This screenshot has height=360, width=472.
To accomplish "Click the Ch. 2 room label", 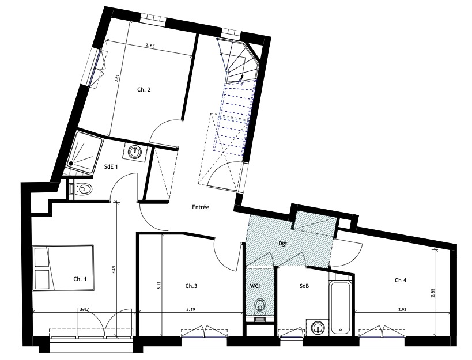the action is [144, 89].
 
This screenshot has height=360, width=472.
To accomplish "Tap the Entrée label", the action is [201, 207].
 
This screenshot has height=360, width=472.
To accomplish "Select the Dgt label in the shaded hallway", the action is [282, 243].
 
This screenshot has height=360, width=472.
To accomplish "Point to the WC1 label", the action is [255, 286].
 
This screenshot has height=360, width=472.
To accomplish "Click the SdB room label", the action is [304, 286].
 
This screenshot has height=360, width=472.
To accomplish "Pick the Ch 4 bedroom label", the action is [401, 281].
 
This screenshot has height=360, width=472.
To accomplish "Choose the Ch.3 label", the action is [191, 286].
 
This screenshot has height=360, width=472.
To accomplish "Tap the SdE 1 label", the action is [111, 167].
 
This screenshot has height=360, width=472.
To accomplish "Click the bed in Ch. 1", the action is [63, 268].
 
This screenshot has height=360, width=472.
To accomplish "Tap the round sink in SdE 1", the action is [134, 151].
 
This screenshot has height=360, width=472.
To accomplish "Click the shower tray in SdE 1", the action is [84, 153].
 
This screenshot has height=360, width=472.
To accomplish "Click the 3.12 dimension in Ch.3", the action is [158, 285].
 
